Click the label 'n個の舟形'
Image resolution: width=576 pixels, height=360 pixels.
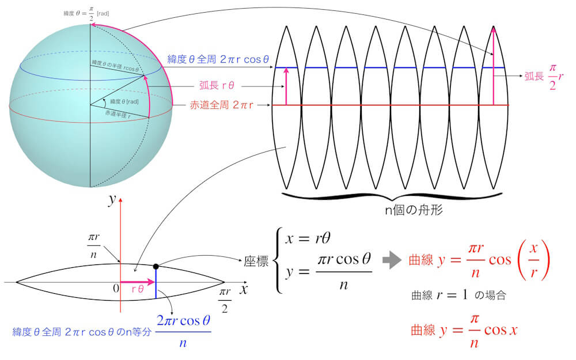pos(413,211)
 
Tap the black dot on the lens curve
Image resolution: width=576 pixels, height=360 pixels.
pos(156,266)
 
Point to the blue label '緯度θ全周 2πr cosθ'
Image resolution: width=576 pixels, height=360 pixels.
pos(218,59)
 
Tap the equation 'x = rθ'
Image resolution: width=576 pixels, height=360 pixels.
pos(305,236)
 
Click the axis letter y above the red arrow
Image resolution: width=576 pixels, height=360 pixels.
pos(113,199)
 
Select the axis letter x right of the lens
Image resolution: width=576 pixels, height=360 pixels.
pos(244,288)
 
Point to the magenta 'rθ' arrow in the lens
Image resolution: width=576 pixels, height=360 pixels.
pos(138,282)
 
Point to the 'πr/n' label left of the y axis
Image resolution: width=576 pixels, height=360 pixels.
pos(93,245)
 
